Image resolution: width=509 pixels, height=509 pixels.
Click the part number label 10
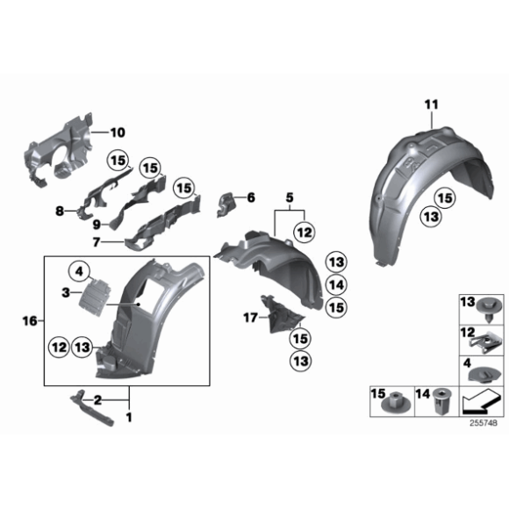(x=118, y=133)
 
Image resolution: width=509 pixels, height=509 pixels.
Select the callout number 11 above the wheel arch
(x=430, y=106)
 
